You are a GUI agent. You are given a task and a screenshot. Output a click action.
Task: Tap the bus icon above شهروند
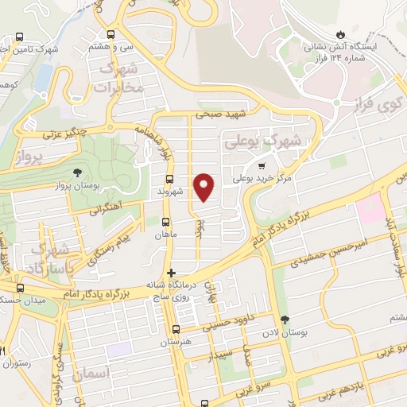click(169, 179)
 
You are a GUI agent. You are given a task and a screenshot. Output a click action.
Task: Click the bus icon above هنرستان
click(176, 330)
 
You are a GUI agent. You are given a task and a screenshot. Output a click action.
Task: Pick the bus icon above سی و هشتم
click(111, 34)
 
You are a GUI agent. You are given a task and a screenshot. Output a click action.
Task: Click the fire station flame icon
click(341, 36)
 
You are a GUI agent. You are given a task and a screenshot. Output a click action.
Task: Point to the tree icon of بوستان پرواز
click(77, 172)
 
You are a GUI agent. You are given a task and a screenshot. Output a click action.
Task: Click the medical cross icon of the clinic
click(171, 273)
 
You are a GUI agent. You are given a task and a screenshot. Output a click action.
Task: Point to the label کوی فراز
click(390, 103)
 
